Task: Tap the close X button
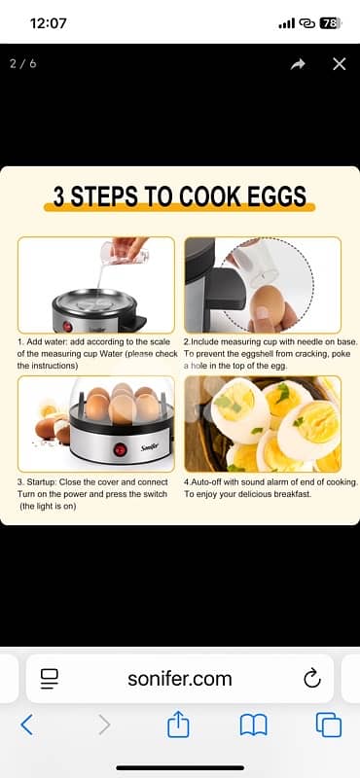pyautogui.click(x=339, y=64)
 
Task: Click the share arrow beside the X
pyautogui.click(x=297, y=64)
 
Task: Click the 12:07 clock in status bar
pyautogui.click(x=48, y=22)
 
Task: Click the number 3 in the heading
pyautogui.click(x=59, y=197)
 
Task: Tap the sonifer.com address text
pyautogui.click(x=180, y=678)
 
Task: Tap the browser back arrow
pyautogui.click(x=26, y=725)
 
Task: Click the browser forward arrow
pyautogui.click(x=104, y=725)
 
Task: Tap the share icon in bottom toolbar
pyautogui.click(x=178, y=724)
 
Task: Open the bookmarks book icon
pyautogui.click(x=254, y=725)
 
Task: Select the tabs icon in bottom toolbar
pyautogui.click(x=329, y=725)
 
